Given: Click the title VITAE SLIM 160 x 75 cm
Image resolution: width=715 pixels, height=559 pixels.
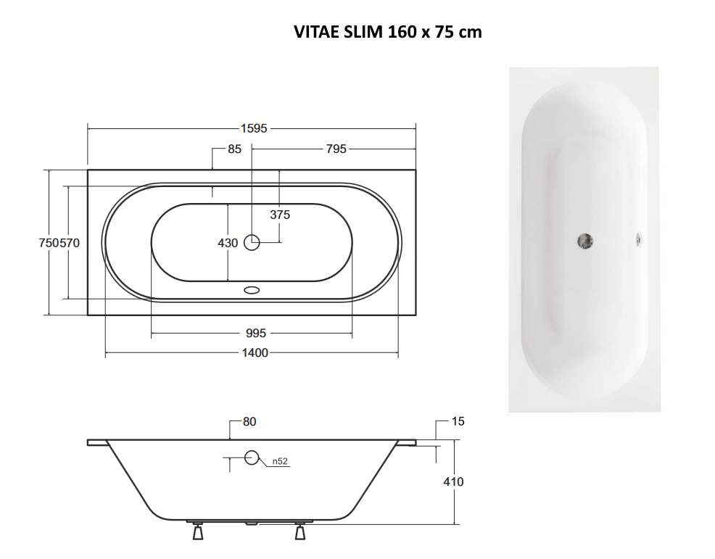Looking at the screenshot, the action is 388,32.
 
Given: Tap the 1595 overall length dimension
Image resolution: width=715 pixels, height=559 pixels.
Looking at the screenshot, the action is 254,128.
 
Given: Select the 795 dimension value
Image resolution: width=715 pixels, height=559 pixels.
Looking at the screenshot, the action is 336,149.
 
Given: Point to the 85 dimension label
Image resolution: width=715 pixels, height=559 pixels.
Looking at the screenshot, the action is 234,149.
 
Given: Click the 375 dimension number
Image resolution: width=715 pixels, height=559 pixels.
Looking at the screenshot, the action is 280,215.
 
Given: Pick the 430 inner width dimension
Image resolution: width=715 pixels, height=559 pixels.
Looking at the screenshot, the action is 228,243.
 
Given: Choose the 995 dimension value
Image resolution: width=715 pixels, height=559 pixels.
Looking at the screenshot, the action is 256,334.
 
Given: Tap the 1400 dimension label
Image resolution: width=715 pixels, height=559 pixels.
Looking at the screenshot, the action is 255,353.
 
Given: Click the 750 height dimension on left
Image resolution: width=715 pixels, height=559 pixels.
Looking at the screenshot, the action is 49,243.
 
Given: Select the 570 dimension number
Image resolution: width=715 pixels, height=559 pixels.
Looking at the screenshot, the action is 70,243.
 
